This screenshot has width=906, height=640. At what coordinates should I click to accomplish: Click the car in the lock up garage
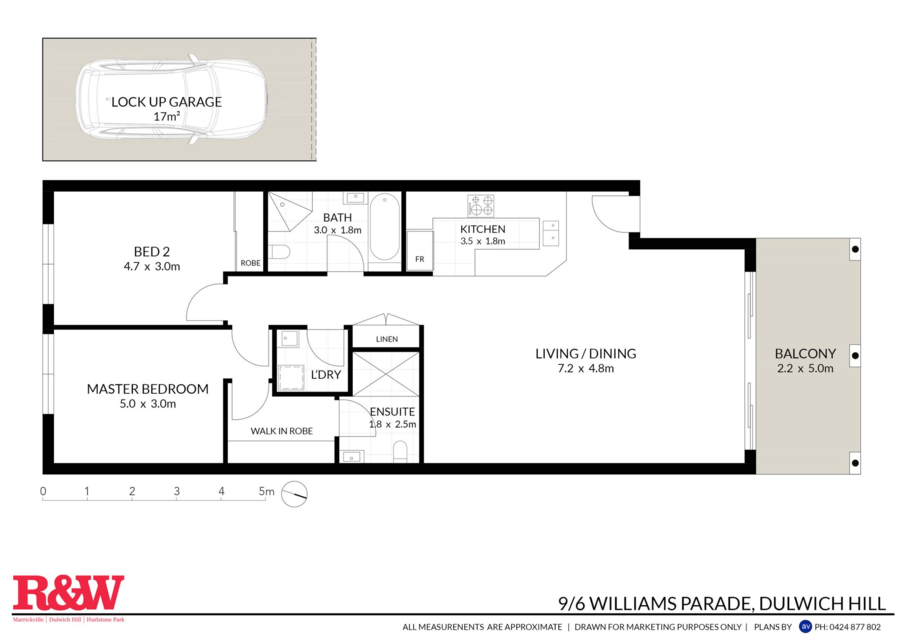[x=172, y=99]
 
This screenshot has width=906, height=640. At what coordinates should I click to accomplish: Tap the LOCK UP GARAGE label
[x=167, y=102]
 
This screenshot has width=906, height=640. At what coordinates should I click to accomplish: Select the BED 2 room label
[x=152, y=251]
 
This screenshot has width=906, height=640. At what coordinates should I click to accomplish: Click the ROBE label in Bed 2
[x=251, y=263]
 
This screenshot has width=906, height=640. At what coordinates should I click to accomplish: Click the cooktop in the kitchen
[x=481, y=206]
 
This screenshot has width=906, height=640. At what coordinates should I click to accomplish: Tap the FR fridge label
[x=419, y=259]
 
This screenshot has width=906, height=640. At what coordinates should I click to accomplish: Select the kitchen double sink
[x=551, y=233]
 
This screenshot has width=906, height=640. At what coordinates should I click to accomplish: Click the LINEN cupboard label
[x=387, y=339]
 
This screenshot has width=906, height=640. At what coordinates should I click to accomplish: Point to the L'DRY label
[x=326, y=374]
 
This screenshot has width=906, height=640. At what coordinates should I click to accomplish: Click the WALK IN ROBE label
[x=282, y=431]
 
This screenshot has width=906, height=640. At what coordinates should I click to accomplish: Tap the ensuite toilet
[x=400, y=451]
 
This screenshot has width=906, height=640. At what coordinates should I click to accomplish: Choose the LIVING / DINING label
[x=586, y=353]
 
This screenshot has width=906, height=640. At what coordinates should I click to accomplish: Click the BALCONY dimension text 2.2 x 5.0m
[x=805, y=368]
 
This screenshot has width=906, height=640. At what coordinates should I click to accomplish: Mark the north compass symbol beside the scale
[x=294, y=494]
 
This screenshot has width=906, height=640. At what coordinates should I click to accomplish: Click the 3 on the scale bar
[x=177, y=491]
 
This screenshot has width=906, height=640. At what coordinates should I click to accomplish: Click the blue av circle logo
[x=805, y=626]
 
